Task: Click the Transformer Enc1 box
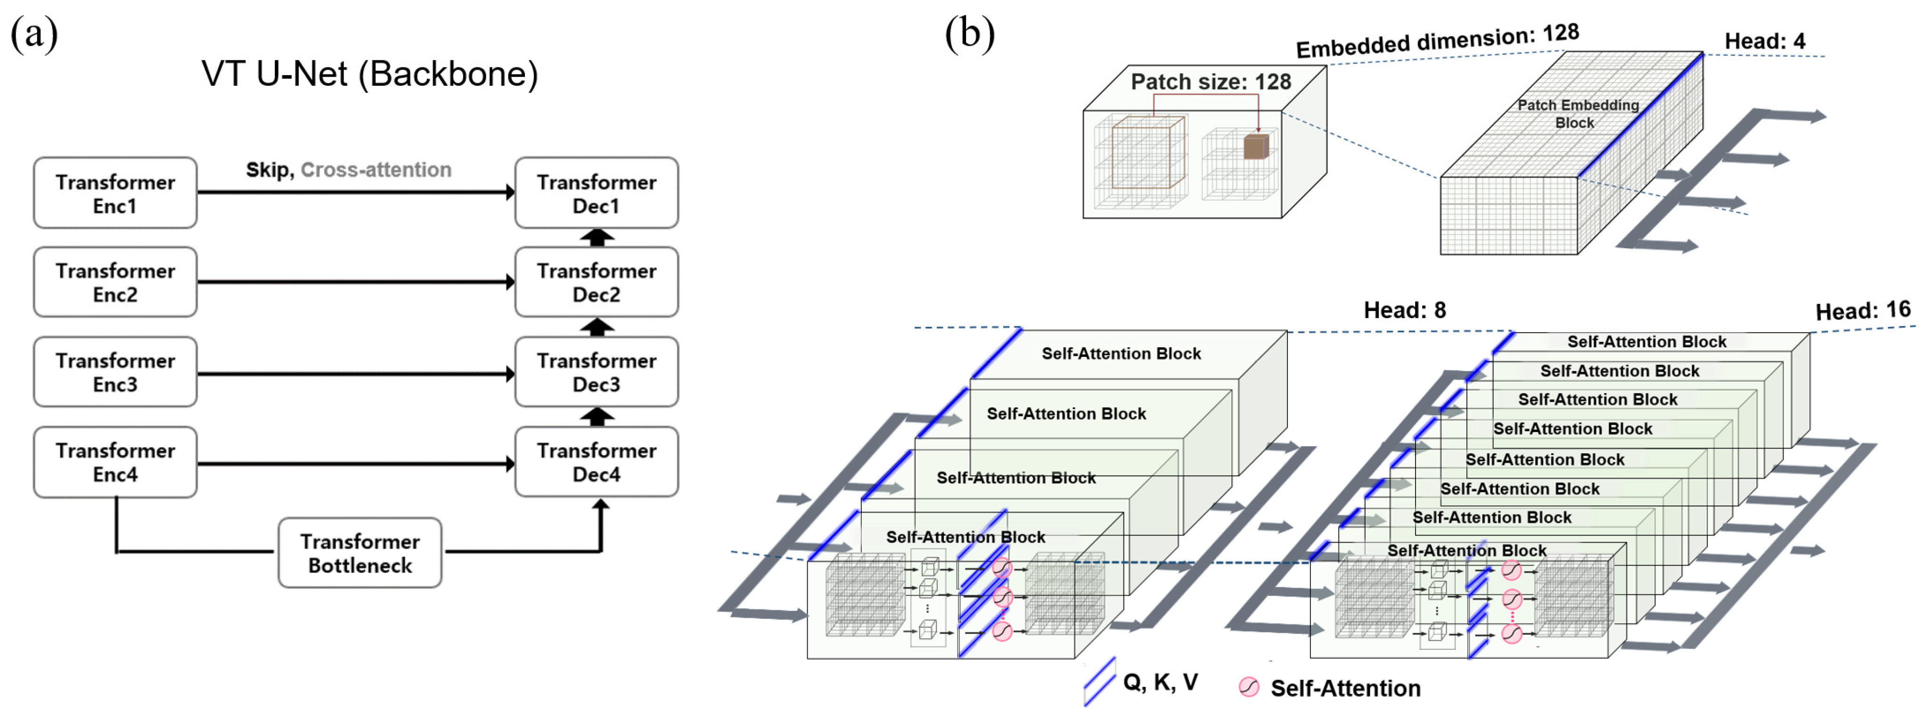115,193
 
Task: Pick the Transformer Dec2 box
596,283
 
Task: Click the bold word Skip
268,170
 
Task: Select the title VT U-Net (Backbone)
369,74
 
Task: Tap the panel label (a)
34,34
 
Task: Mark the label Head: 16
1862,310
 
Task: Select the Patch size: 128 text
1211,82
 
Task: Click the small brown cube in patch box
1255,146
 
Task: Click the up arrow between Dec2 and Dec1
597,237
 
